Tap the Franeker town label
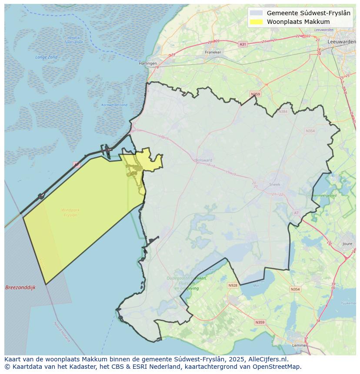point(213,52)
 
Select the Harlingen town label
point(148,63)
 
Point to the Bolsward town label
point(203,160)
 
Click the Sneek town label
point(275,185)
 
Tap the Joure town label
point(347,244)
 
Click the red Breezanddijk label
point(20,288)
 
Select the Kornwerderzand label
point(114,105)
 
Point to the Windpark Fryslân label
point(70,212)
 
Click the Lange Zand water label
point(47,57)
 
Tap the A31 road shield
point(243,44)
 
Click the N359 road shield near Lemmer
point(260,322)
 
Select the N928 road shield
point(233,285)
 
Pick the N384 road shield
point(283,112)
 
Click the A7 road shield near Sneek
point(297,213)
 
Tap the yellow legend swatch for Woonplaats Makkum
point(257,22)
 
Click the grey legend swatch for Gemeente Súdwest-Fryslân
point(257,13)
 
